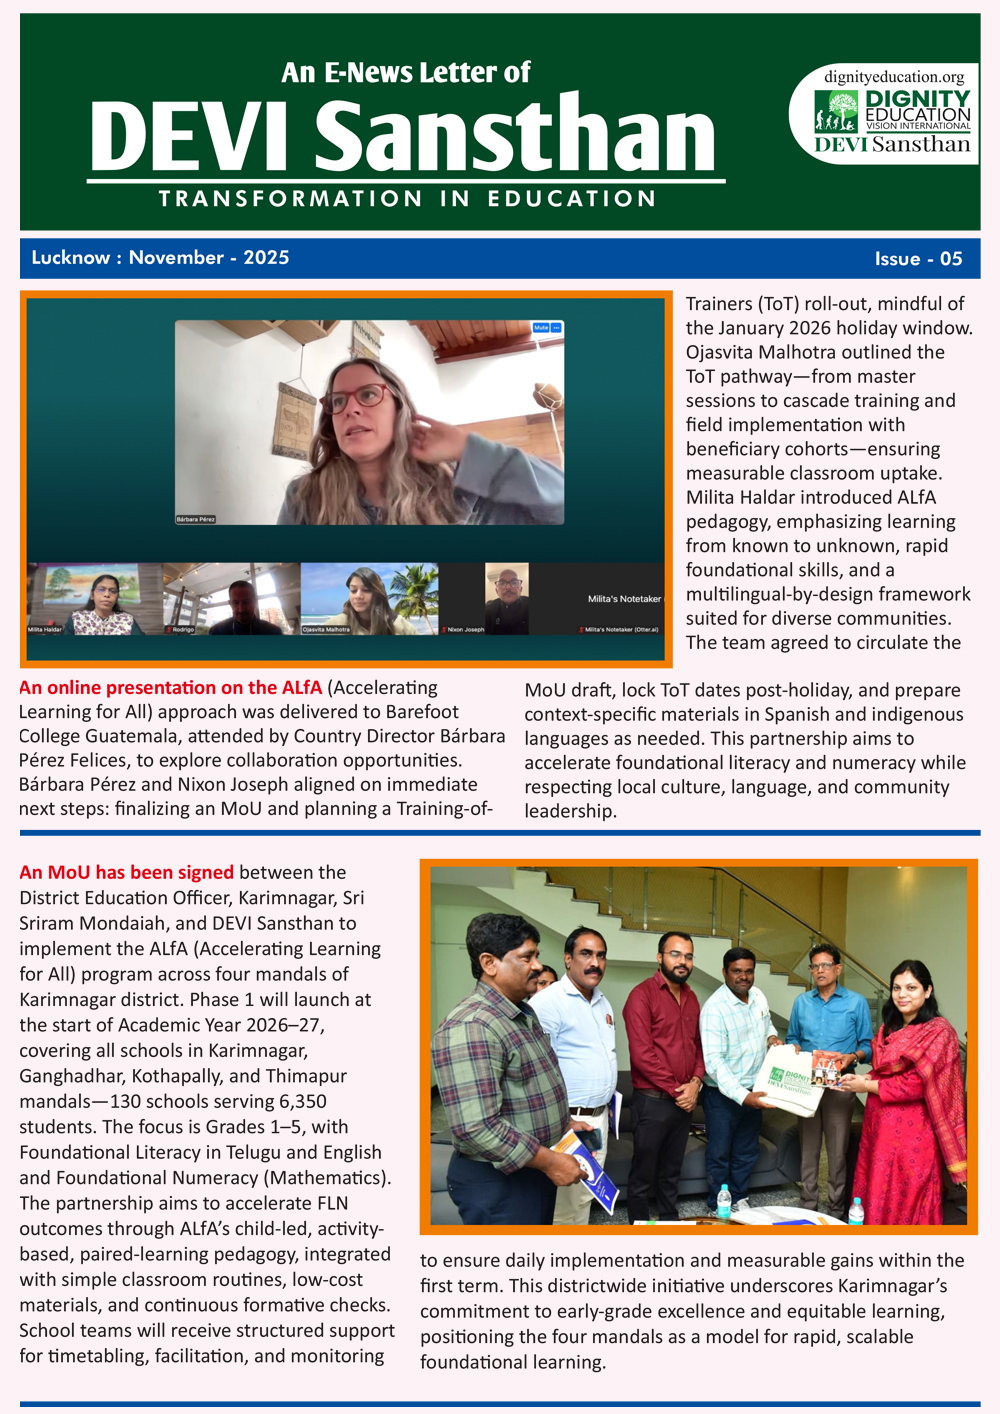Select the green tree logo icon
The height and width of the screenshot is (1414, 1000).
click(836, 111)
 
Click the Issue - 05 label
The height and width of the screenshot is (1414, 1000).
click(918, 259)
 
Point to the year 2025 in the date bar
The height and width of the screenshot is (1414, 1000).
click(266, 258)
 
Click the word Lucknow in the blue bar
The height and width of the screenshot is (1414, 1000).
click(70, 258)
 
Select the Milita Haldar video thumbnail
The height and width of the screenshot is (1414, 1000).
click(94, 598)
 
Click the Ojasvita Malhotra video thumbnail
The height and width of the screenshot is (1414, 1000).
click(369, 598)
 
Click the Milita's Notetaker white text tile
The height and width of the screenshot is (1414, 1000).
click(624, 599)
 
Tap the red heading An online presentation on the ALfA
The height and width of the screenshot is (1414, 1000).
click(170, 688)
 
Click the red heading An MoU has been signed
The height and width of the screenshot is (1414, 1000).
click(126, 872)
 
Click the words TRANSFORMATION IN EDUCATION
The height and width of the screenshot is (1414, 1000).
click(407, 199)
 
